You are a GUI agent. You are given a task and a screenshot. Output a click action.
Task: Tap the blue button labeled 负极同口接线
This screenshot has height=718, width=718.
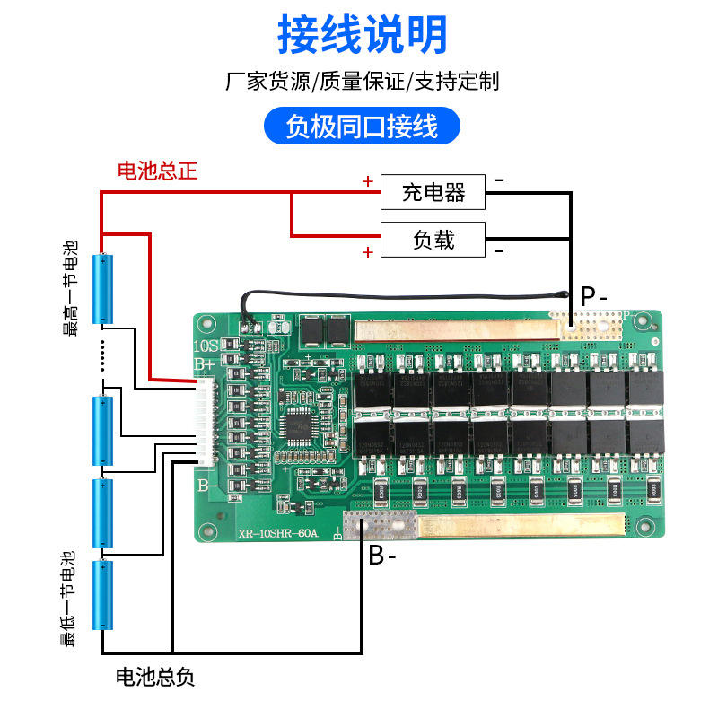point(362,127)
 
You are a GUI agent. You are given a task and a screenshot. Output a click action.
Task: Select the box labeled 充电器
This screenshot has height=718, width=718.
point(433,191)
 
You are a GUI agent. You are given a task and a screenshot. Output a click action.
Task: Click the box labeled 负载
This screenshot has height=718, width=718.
point(433,240)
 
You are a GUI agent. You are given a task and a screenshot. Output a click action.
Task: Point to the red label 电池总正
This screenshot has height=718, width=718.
point(157,171)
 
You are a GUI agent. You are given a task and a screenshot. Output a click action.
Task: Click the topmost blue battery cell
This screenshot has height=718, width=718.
point(106,289)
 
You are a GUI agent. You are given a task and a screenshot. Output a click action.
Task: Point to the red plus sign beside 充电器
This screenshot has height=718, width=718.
point(367,181)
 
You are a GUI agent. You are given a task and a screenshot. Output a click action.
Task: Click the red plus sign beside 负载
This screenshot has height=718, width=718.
point(367,252)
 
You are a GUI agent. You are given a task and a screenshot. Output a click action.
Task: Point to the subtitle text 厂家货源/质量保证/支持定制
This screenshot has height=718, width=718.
point(362,82)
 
